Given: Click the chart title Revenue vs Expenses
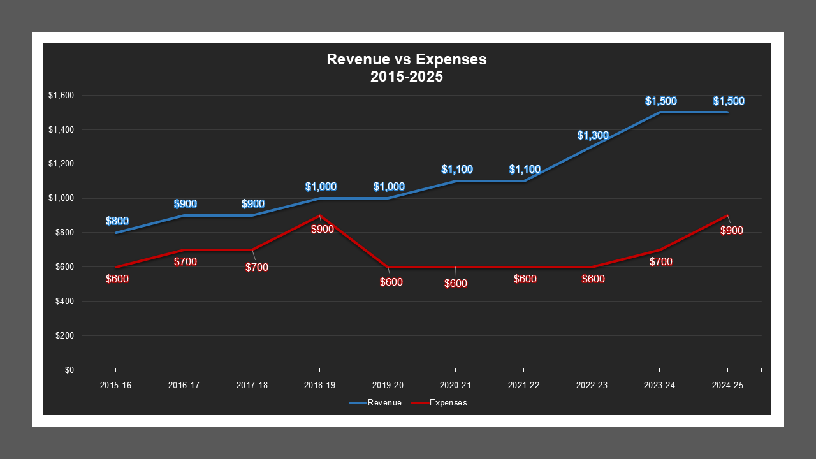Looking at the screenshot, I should pyautogui.click(x=407, y=60).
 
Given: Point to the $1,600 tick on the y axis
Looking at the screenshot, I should pyautogui.click(x=61, y=96).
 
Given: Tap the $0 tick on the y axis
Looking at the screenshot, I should pyautogui.click(x=69, y=370).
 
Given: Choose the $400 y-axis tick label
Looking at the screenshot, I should pyautogui.click(x=65, y=301).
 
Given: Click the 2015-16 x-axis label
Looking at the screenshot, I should pyautogui.click(x=115, y=386).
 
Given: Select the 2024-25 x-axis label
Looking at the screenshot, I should pyautogui.click(x=727, y=386).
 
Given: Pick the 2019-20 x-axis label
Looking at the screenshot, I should pyautogui.click(x=388, y=386).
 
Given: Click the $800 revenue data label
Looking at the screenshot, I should pyautogui.click(x=117, y=221).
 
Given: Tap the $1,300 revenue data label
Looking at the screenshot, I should pyautogui.click(x=593, y=135).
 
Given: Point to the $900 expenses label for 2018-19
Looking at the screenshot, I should pyautogui.click(x=322, y=229).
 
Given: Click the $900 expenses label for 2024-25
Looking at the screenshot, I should pyautogui.click(x=731, y=230).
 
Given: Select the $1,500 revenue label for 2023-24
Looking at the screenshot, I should pyautogui.click(x=660, y=101).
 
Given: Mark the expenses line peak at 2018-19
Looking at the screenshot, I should pyautogui.click(x=320, y=215).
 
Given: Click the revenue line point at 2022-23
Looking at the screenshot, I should pyautogui.click(x=592, y=147).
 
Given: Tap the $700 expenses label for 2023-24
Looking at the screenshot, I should pyautogui.click(x=661, y=261).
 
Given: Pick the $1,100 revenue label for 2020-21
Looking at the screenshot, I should pyautogui.click(x=456, y=170).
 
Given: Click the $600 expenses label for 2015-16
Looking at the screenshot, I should pyautogui.click(x=117, y=279).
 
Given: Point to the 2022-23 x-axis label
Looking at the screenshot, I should pyautogui.click(x=592, y=386).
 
